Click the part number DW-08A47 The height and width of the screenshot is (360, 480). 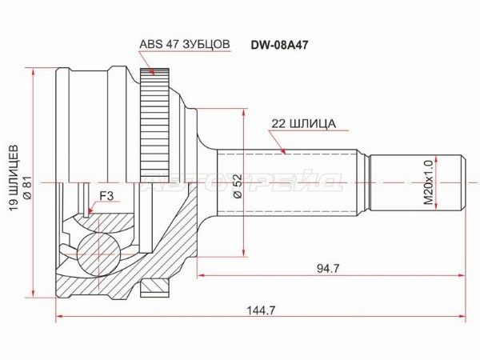(x=279, y=46)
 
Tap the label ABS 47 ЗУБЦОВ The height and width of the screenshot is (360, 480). (x=184, y=44)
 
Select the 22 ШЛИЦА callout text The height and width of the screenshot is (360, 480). (x=304, y=124)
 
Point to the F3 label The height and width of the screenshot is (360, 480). (x=107, y=196)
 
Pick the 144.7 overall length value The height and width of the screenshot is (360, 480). (x=262, y=310)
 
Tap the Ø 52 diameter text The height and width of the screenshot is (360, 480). (x=238, y=186)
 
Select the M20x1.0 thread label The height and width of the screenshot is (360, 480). (x=428, y=182)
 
